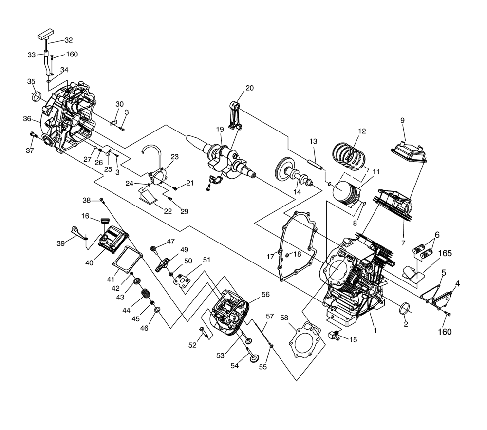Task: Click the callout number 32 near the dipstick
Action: click(x=69, y=40)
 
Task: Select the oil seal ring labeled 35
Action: click(x=37, y=96)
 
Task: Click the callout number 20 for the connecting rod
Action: click(x=249, y=88)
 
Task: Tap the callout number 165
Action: click(x=445, y=253)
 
